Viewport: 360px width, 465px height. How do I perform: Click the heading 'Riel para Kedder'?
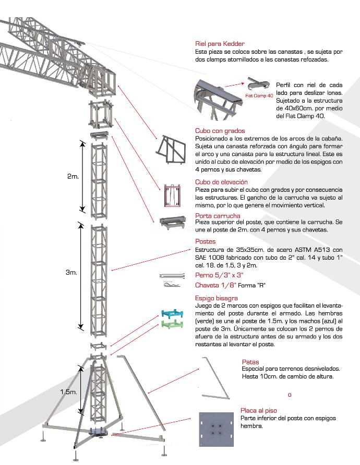pos(220,44)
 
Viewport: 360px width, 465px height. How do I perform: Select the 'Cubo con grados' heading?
pos(220,131)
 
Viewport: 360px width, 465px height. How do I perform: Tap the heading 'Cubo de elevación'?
pos(221,182)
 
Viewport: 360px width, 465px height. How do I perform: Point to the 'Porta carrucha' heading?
pos(218,216)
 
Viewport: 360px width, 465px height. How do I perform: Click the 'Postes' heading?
pos(205,241)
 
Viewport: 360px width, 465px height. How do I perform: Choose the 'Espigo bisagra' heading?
pos(217,298)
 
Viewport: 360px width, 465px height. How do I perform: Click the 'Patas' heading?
pos(250,362)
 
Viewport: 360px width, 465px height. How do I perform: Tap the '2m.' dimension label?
pos(73,177)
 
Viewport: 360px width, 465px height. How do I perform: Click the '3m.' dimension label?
pos(72,272)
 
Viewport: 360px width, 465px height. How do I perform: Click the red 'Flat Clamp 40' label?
pos(259,96)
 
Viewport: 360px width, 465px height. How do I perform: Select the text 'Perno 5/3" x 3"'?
pos(219,275)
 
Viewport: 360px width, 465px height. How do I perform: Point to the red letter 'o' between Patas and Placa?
pos(290,395)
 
